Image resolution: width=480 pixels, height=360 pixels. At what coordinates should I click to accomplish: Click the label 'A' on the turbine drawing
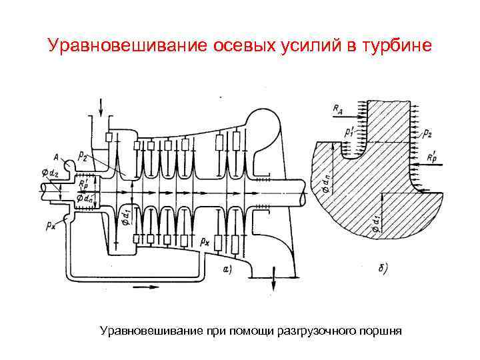tap(57, 157)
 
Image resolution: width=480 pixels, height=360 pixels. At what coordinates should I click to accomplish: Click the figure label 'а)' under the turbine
tap(227, 269)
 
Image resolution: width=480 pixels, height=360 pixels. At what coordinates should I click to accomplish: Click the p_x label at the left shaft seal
tap(51, 225)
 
